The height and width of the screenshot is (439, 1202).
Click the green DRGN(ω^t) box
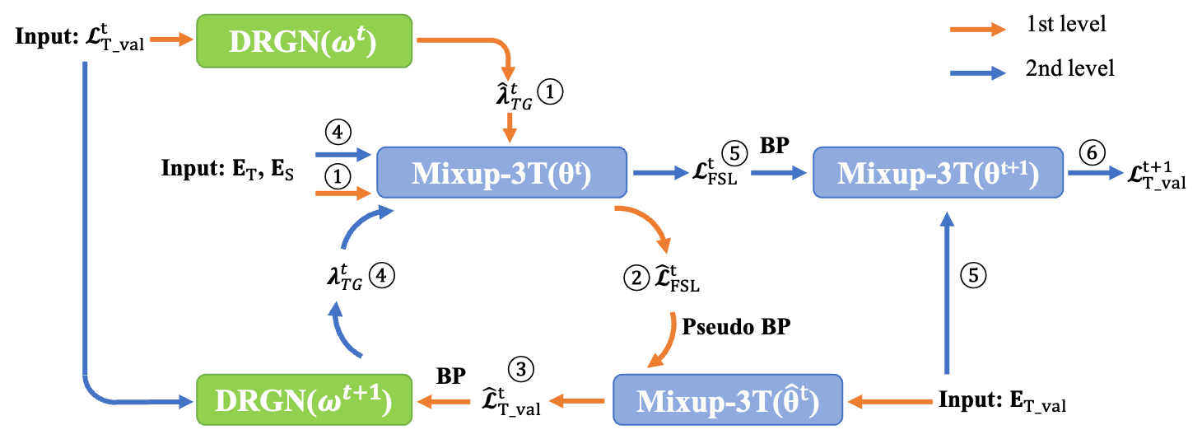[x=305, y=41]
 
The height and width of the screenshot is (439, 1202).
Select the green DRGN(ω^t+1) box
[x=305, y=399]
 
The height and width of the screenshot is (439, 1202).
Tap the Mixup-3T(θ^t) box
[x=501, y=172]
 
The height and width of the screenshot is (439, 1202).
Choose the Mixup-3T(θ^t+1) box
[x=938, y=172]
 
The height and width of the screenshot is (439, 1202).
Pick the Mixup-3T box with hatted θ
[x=728, y=399]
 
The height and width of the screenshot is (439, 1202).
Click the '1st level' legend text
[x=1065, y=24]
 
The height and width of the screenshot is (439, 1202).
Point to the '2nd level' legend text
[x=1069, y=68]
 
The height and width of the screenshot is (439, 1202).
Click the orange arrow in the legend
[x=978, y=29]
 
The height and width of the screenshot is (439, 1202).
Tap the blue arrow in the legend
[x=978, y=73]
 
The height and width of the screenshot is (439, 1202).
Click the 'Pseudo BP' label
[x=736, y=326]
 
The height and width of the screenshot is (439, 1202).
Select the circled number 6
[x=1092, y=153]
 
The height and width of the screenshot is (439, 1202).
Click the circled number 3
[x=520, y=369]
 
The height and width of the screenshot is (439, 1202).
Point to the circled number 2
[x=636, y=278]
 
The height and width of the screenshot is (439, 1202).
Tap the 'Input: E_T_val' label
[x=1002, y=401]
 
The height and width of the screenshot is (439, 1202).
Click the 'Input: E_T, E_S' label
[x=227, y=169]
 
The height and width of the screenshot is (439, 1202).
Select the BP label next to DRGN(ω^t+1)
[x=451, y=376]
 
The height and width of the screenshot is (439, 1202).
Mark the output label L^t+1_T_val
[x=1157, y=175]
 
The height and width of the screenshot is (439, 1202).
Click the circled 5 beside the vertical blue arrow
[x=973, y=275]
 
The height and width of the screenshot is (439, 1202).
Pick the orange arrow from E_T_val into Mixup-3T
[x=890, y=401]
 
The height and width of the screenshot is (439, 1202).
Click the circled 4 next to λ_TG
[x=381, y=275]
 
